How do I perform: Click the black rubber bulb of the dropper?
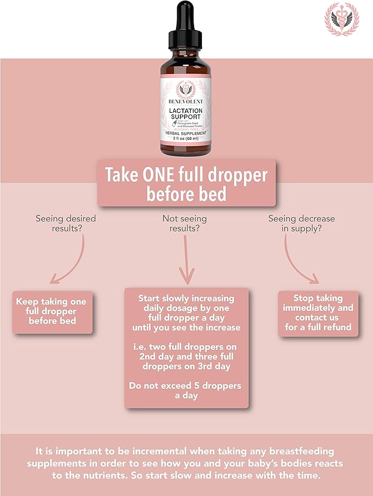click(186, 14)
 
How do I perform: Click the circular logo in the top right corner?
click(341, 19)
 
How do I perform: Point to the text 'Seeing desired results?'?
click(65, 223)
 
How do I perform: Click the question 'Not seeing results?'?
click(185, 223)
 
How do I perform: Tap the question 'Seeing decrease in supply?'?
click(301, 223)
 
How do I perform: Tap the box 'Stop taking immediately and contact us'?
click(318, 313)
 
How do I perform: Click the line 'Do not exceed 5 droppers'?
click(185, 386)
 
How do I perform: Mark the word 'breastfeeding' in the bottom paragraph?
click(300, 452)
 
